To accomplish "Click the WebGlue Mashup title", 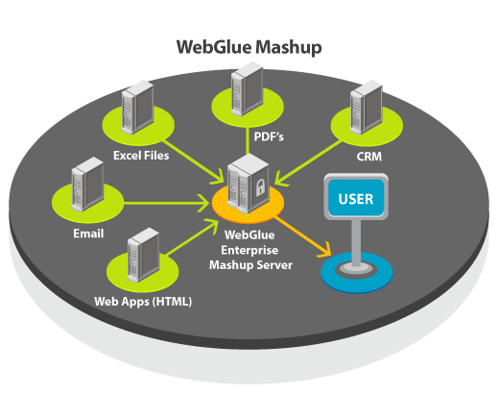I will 248,45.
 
